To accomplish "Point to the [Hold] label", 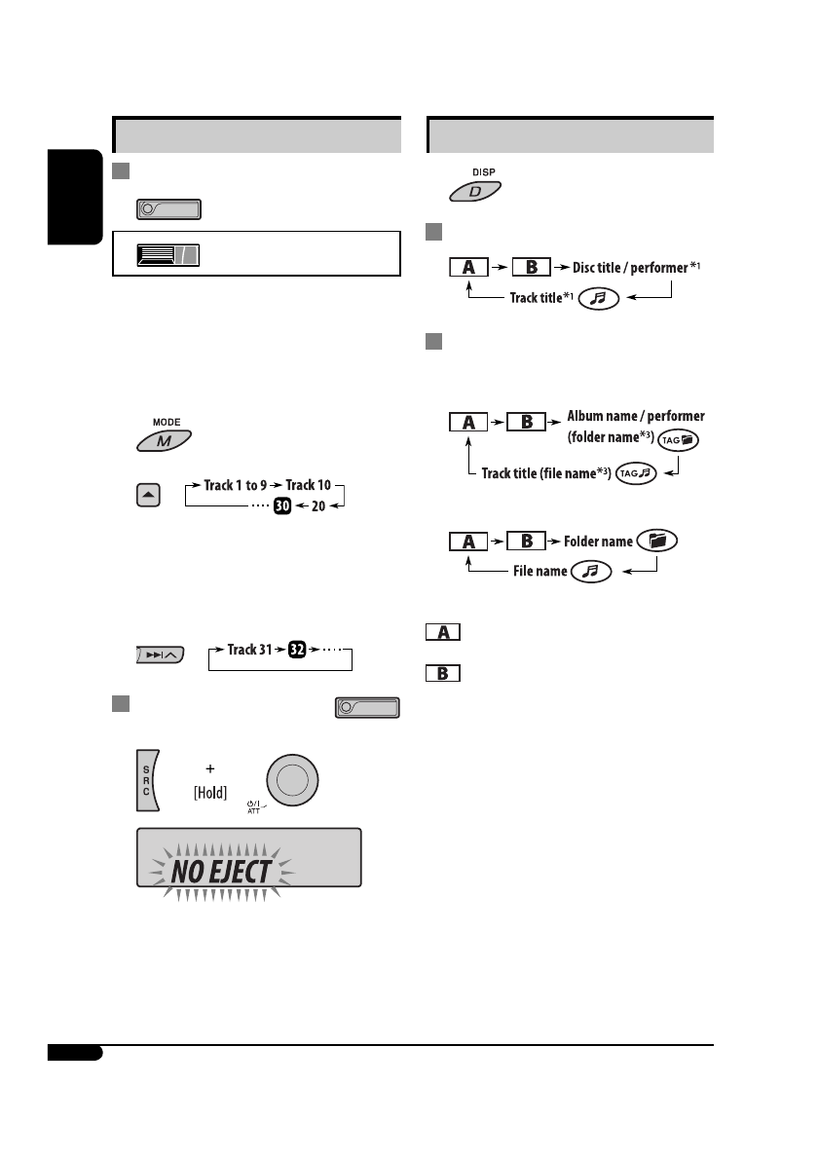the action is coord(210,793).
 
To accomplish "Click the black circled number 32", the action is coord(297,650).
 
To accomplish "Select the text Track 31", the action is coord(256,650).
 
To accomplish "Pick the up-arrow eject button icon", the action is coord(149,496).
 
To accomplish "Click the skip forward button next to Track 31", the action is coord(161,658).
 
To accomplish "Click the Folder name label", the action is coord(597,540).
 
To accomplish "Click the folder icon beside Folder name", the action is coord(660,541).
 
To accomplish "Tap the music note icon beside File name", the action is coord(590,571).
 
